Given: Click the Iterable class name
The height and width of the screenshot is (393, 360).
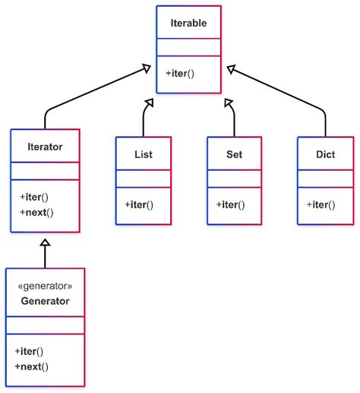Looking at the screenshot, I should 188,24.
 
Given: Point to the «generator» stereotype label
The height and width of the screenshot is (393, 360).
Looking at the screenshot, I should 45,286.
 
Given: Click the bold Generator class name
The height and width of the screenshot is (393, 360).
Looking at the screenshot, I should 45,301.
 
